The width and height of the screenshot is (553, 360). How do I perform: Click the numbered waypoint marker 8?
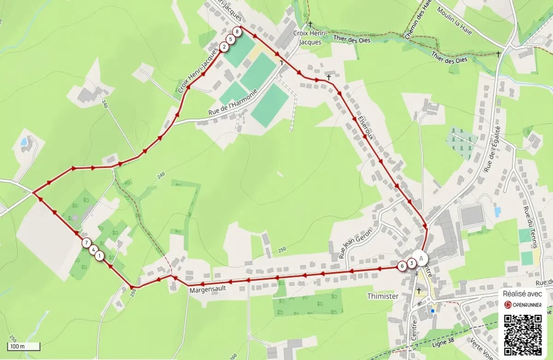click(237, 32)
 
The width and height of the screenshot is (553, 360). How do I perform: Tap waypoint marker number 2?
click(224, 47)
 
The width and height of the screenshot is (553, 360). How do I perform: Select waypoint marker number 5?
click(230, 39)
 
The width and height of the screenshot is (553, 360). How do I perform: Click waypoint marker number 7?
click(86, 242)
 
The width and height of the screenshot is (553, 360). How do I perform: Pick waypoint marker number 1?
click(100, 256)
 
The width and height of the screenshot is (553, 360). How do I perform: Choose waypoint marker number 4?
click(93, 250)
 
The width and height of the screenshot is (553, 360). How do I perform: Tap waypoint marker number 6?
click(402, 266)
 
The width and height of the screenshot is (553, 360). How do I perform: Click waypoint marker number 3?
click(411, 263)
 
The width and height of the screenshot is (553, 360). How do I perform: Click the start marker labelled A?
click(420, 258)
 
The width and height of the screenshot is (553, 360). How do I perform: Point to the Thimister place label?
click(382, 296)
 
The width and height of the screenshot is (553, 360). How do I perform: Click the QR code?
click(523, 333)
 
